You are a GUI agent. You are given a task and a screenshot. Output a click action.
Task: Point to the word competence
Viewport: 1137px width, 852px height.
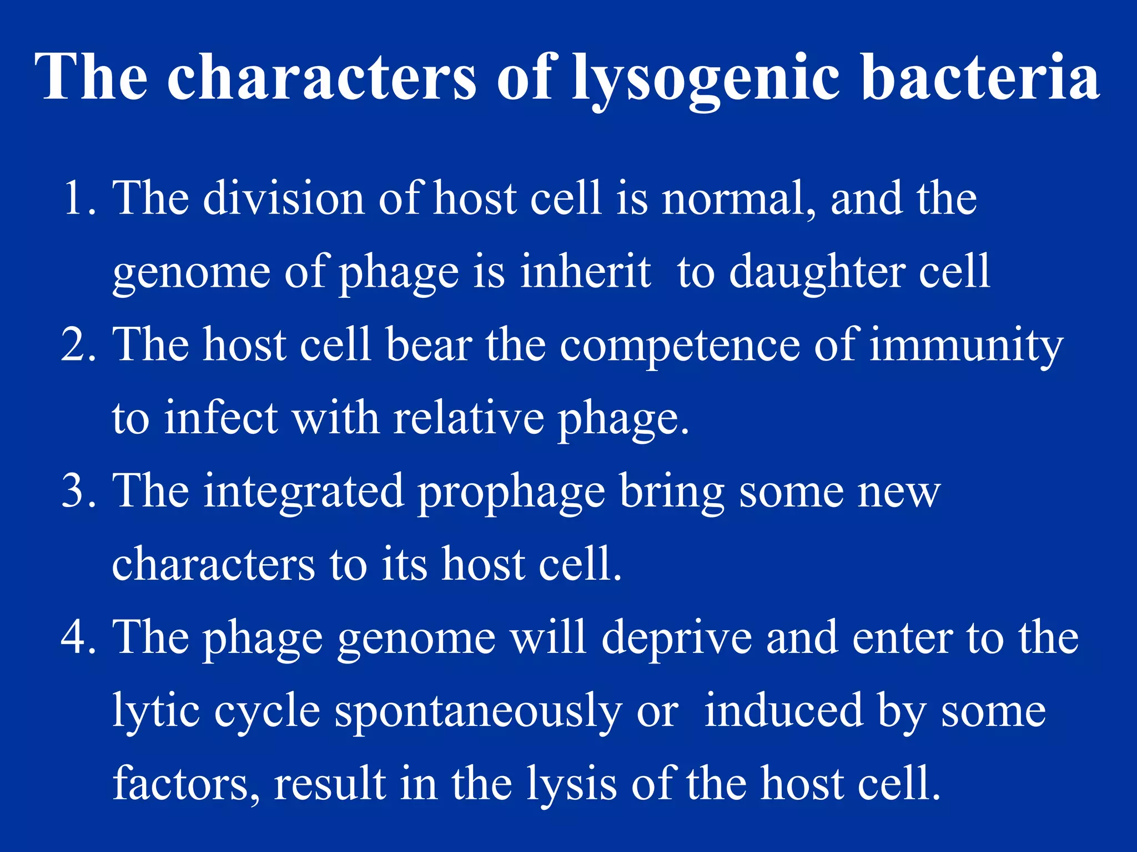coord(680,345)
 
